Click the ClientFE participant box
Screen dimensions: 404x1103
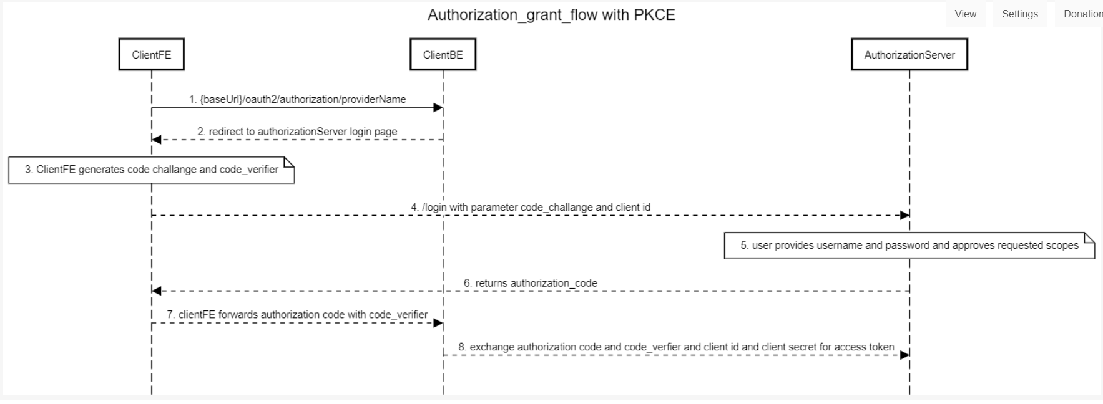(x=152, y=55)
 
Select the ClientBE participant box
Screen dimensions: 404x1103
(x=443, y=55)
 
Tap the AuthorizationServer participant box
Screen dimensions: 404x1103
(x=909, y=55)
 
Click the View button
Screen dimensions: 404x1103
(x=965, y=14)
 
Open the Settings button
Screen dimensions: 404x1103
(x=1019, y=14)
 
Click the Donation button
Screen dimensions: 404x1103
(x=1081, y=14)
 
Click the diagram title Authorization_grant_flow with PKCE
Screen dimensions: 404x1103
(x=551, y=15)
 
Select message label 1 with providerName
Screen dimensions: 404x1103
(x=297, y=99)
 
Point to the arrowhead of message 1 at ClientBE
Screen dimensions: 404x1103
(x=438, y=108)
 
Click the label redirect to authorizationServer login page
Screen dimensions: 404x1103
(x=297, y=132)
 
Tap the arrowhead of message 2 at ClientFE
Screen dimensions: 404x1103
(x=157, y=140)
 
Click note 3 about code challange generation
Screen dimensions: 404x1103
(x=151, y=170)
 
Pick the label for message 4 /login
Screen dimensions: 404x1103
(x=530, y=207)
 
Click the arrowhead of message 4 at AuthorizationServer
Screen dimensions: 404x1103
(x=904, y=215)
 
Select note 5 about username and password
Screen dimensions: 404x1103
(x=909, y=245)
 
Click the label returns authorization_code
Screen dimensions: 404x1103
(x=530, y=283)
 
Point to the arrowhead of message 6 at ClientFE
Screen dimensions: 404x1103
(x=157, y=291)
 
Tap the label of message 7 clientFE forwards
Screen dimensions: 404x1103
(x=297, y=315)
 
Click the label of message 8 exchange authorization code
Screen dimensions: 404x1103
(x=676, y=347)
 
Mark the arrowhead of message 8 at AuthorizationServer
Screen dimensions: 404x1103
(x=904, y=355)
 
